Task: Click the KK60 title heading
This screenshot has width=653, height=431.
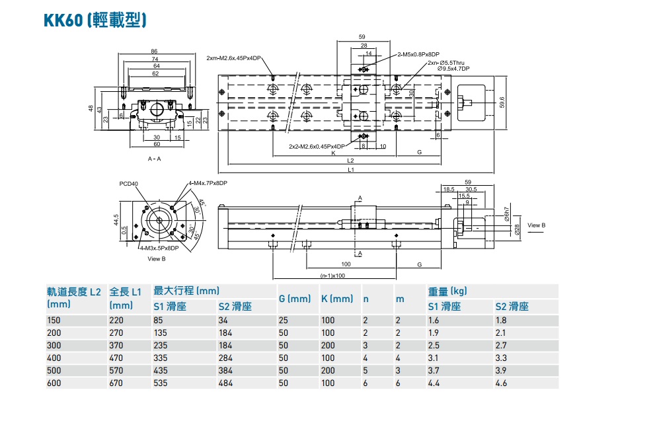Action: point(95,20)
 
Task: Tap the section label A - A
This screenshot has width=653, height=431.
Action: point(155,159)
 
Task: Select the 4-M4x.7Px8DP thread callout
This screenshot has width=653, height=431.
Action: point(208,183)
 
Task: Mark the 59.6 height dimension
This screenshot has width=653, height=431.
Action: point(502,102)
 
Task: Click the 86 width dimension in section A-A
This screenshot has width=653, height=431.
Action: point(154,51)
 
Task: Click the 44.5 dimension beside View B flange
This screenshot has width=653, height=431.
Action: point(116,220)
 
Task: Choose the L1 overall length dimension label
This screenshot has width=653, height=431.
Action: point(351,170)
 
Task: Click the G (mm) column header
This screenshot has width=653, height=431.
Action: point(294,299)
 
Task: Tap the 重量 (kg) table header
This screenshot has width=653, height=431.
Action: point(447,291)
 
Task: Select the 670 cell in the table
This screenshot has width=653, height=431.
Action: point(116,383)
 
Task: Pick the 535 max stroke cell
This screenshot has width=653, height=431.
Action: point(161,383)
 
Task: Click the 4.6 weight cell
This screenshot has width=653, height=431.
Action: point(502,383)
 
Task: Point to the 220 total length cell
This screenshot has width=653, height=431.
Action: point(116,320)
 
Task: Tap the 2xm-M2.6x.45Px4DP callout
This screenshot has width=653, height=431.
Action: point(233,58)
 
